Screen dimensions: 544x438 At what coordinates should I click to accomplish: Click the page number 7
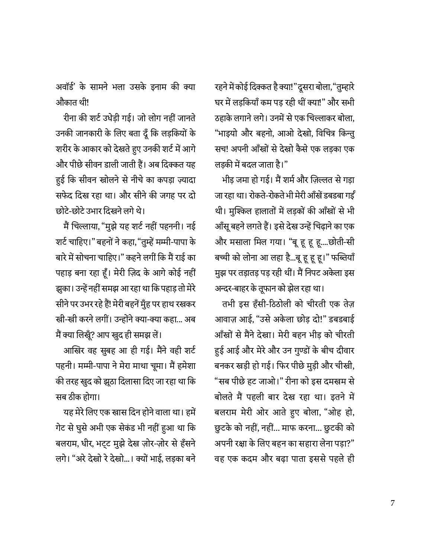coord(393,503)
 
